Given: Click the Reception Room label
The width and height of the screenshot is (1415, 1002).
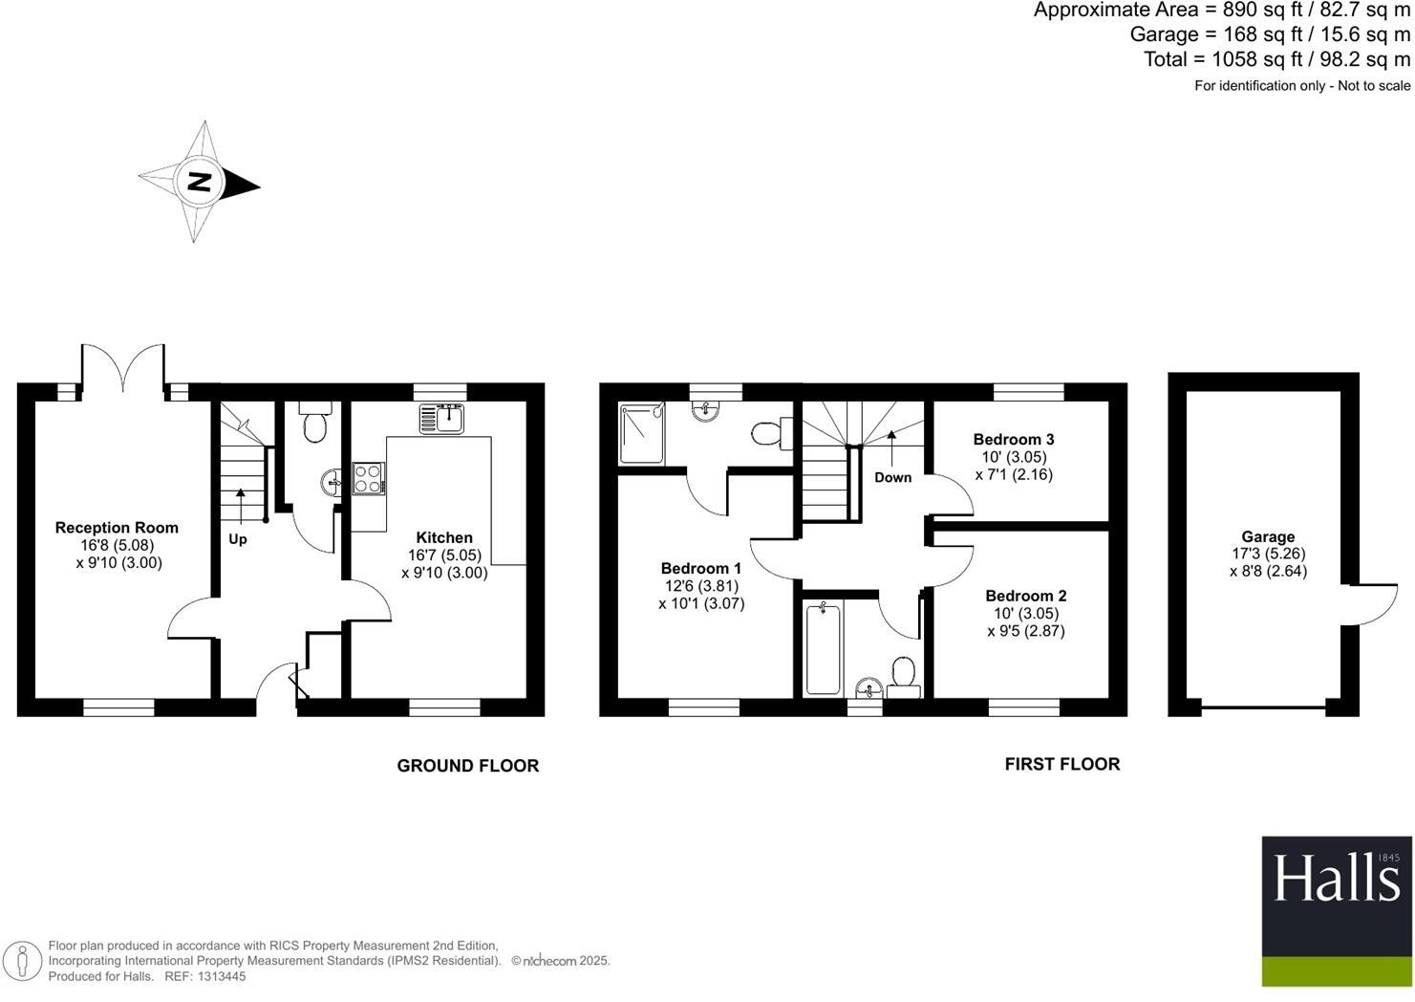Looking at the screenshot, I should click(117, 528).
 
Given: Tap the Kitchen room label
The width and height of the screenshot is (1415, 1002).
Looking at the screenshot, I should click(444, 537).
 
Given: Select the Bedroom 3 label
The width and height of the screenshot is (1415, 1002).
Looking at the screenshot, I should click(1014, 440).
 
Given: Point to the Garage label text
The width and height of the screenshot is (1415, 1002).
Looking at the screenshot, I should click(1268, 537).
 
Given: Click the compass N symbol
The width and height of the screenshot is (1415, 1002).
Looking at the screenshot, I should click(199, 182).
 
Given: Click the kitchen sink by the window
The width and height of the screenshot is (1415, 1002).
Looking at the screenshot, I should click(441, 418).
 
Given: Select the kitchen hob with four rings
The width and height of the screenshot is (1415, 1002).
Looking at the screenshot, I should click(368, 478).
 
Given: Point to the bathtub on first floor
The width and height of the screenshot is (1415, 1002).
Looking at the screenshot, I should click(823, 648).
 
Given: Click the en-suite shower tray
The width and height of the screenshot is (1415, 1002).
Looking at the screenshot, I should click(641, 433).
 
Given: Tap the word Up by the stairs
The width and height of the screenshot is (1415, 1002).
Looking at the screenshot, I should click(238, 539).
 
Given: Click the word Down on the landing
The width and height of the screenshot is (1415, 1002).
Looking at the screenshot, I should click(892, 477).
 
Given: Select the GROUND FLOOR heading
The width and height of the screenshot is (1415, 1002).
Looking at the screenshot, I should click(467, 766).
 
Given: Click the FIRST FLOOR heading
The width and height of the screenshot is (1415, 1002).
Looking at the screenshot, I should click(1061, 764).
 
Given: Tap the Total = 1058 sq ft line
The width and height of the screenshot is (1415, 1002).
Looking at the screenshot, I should click(1276, 59).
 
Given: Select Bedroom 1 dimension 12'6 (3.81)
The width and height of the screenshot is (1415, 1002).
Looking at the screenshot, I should click(701, 586).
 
